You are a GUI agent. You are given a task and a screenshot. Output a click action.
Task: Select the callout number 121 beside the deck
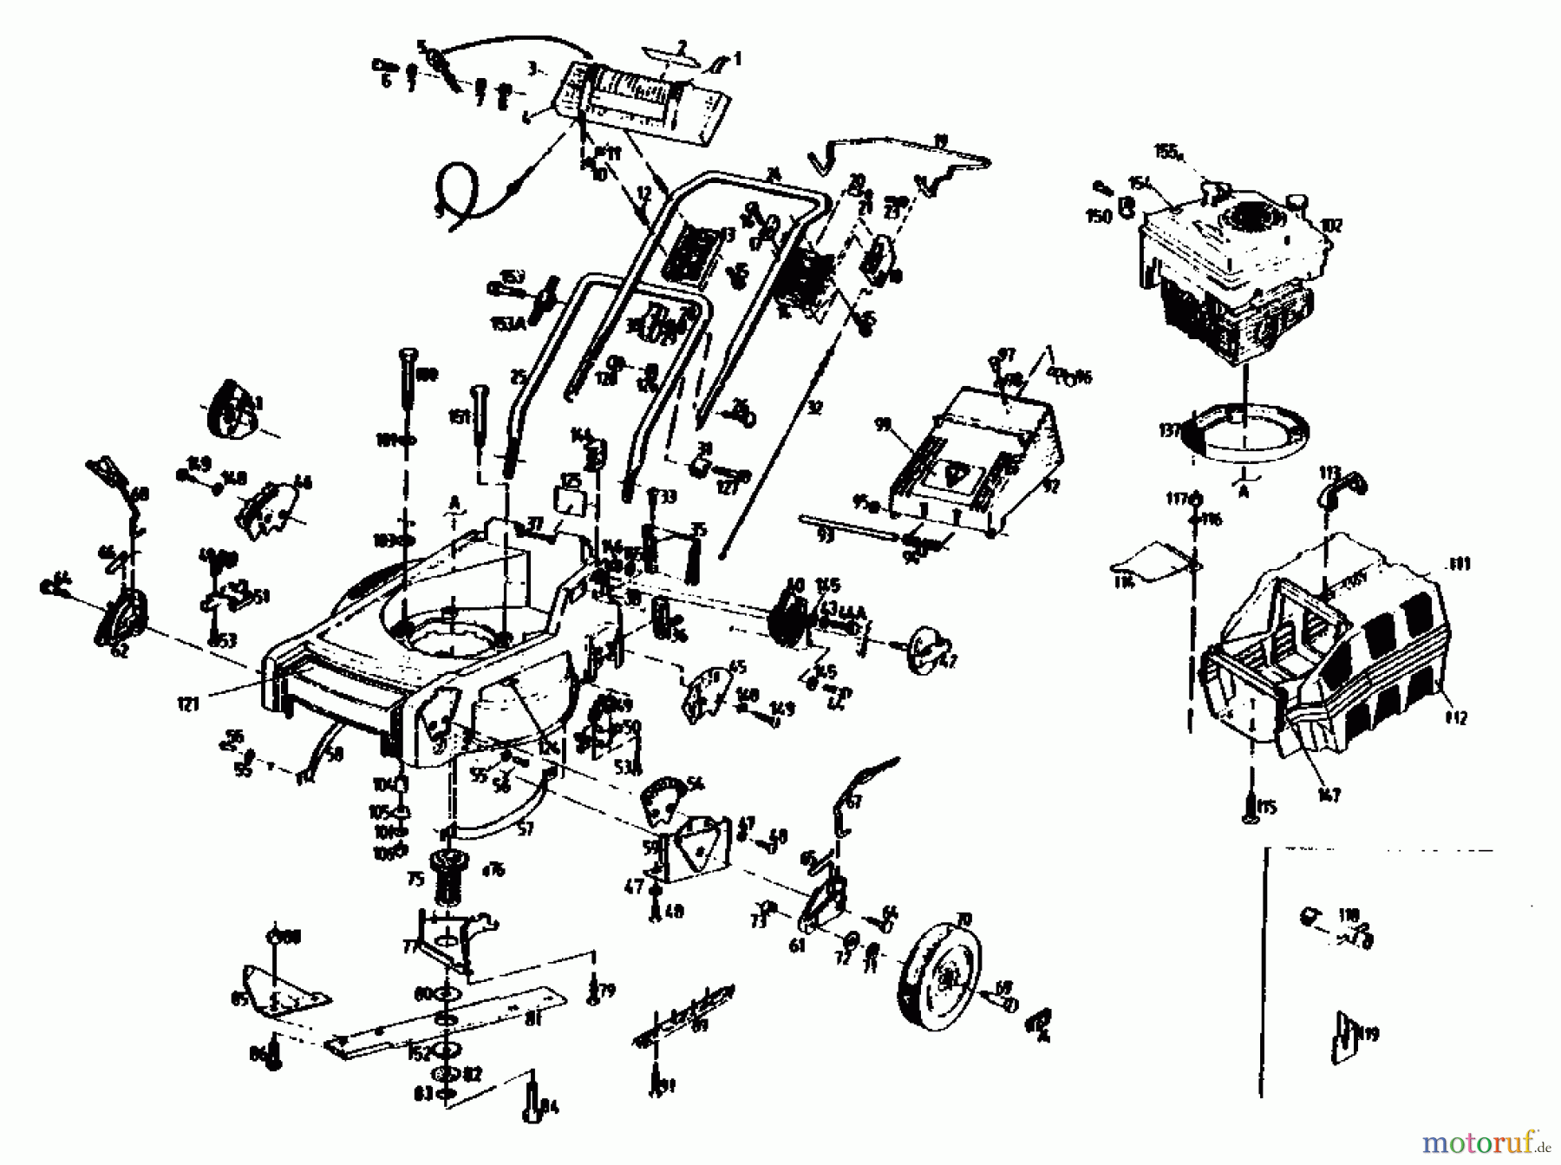188,703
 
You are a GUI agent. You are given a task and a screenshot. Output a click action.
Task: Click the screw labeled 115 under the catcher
1249,808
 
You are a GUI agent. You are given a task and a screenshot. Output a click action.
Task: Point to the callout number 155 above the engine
1166,153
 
